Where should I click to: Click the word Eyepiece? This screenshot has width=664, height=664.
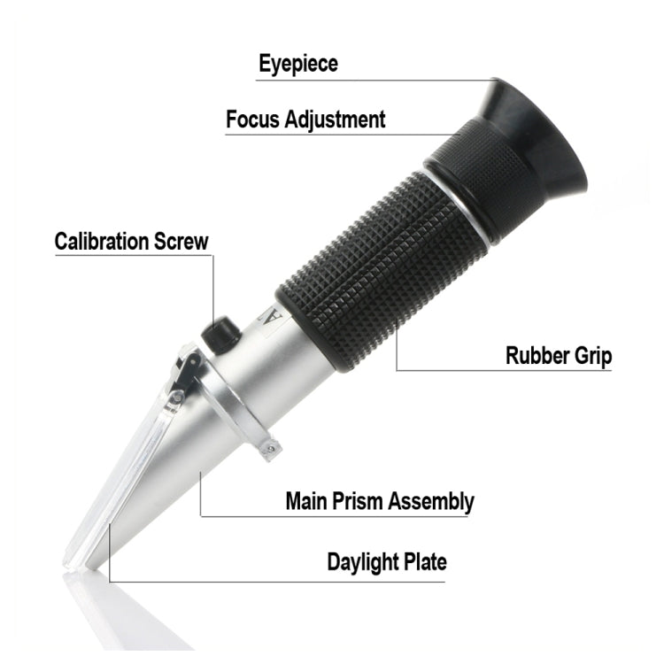[x=297, y=64]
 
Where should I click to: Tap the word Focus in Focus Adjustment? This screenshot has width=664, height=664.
[x=254, y=120]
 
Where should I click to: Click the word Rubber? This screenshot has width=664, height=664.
[x=537, y=356]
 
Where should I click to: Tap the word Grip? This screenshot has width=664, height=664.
[x=591, y=357]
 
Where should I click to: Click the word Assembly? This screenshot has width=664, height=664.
[x=432, y=502]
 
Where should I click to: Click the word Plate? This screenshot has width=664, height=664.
[x=423, y=561]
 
